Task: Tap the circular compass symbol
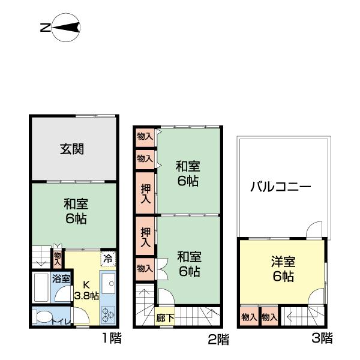click(x=66, y=28)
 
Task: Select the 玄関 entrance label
click(x=71, y=149)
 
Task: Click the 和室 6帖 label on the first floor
click(x=76, y=211)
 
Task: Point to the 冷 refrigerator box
click(x=107, y=259)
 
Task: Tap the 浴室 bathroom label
click(x=61, y=279)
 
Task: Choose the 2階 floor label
click(x=218, y=340)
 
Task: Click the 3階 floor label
click(x=322, y=338)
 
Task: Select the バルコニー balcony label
click(x=281, y=187)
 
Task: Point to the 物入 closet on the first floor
click(x=58, y=259)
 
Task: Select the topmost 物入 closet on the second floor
click(x=144, y=136)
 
